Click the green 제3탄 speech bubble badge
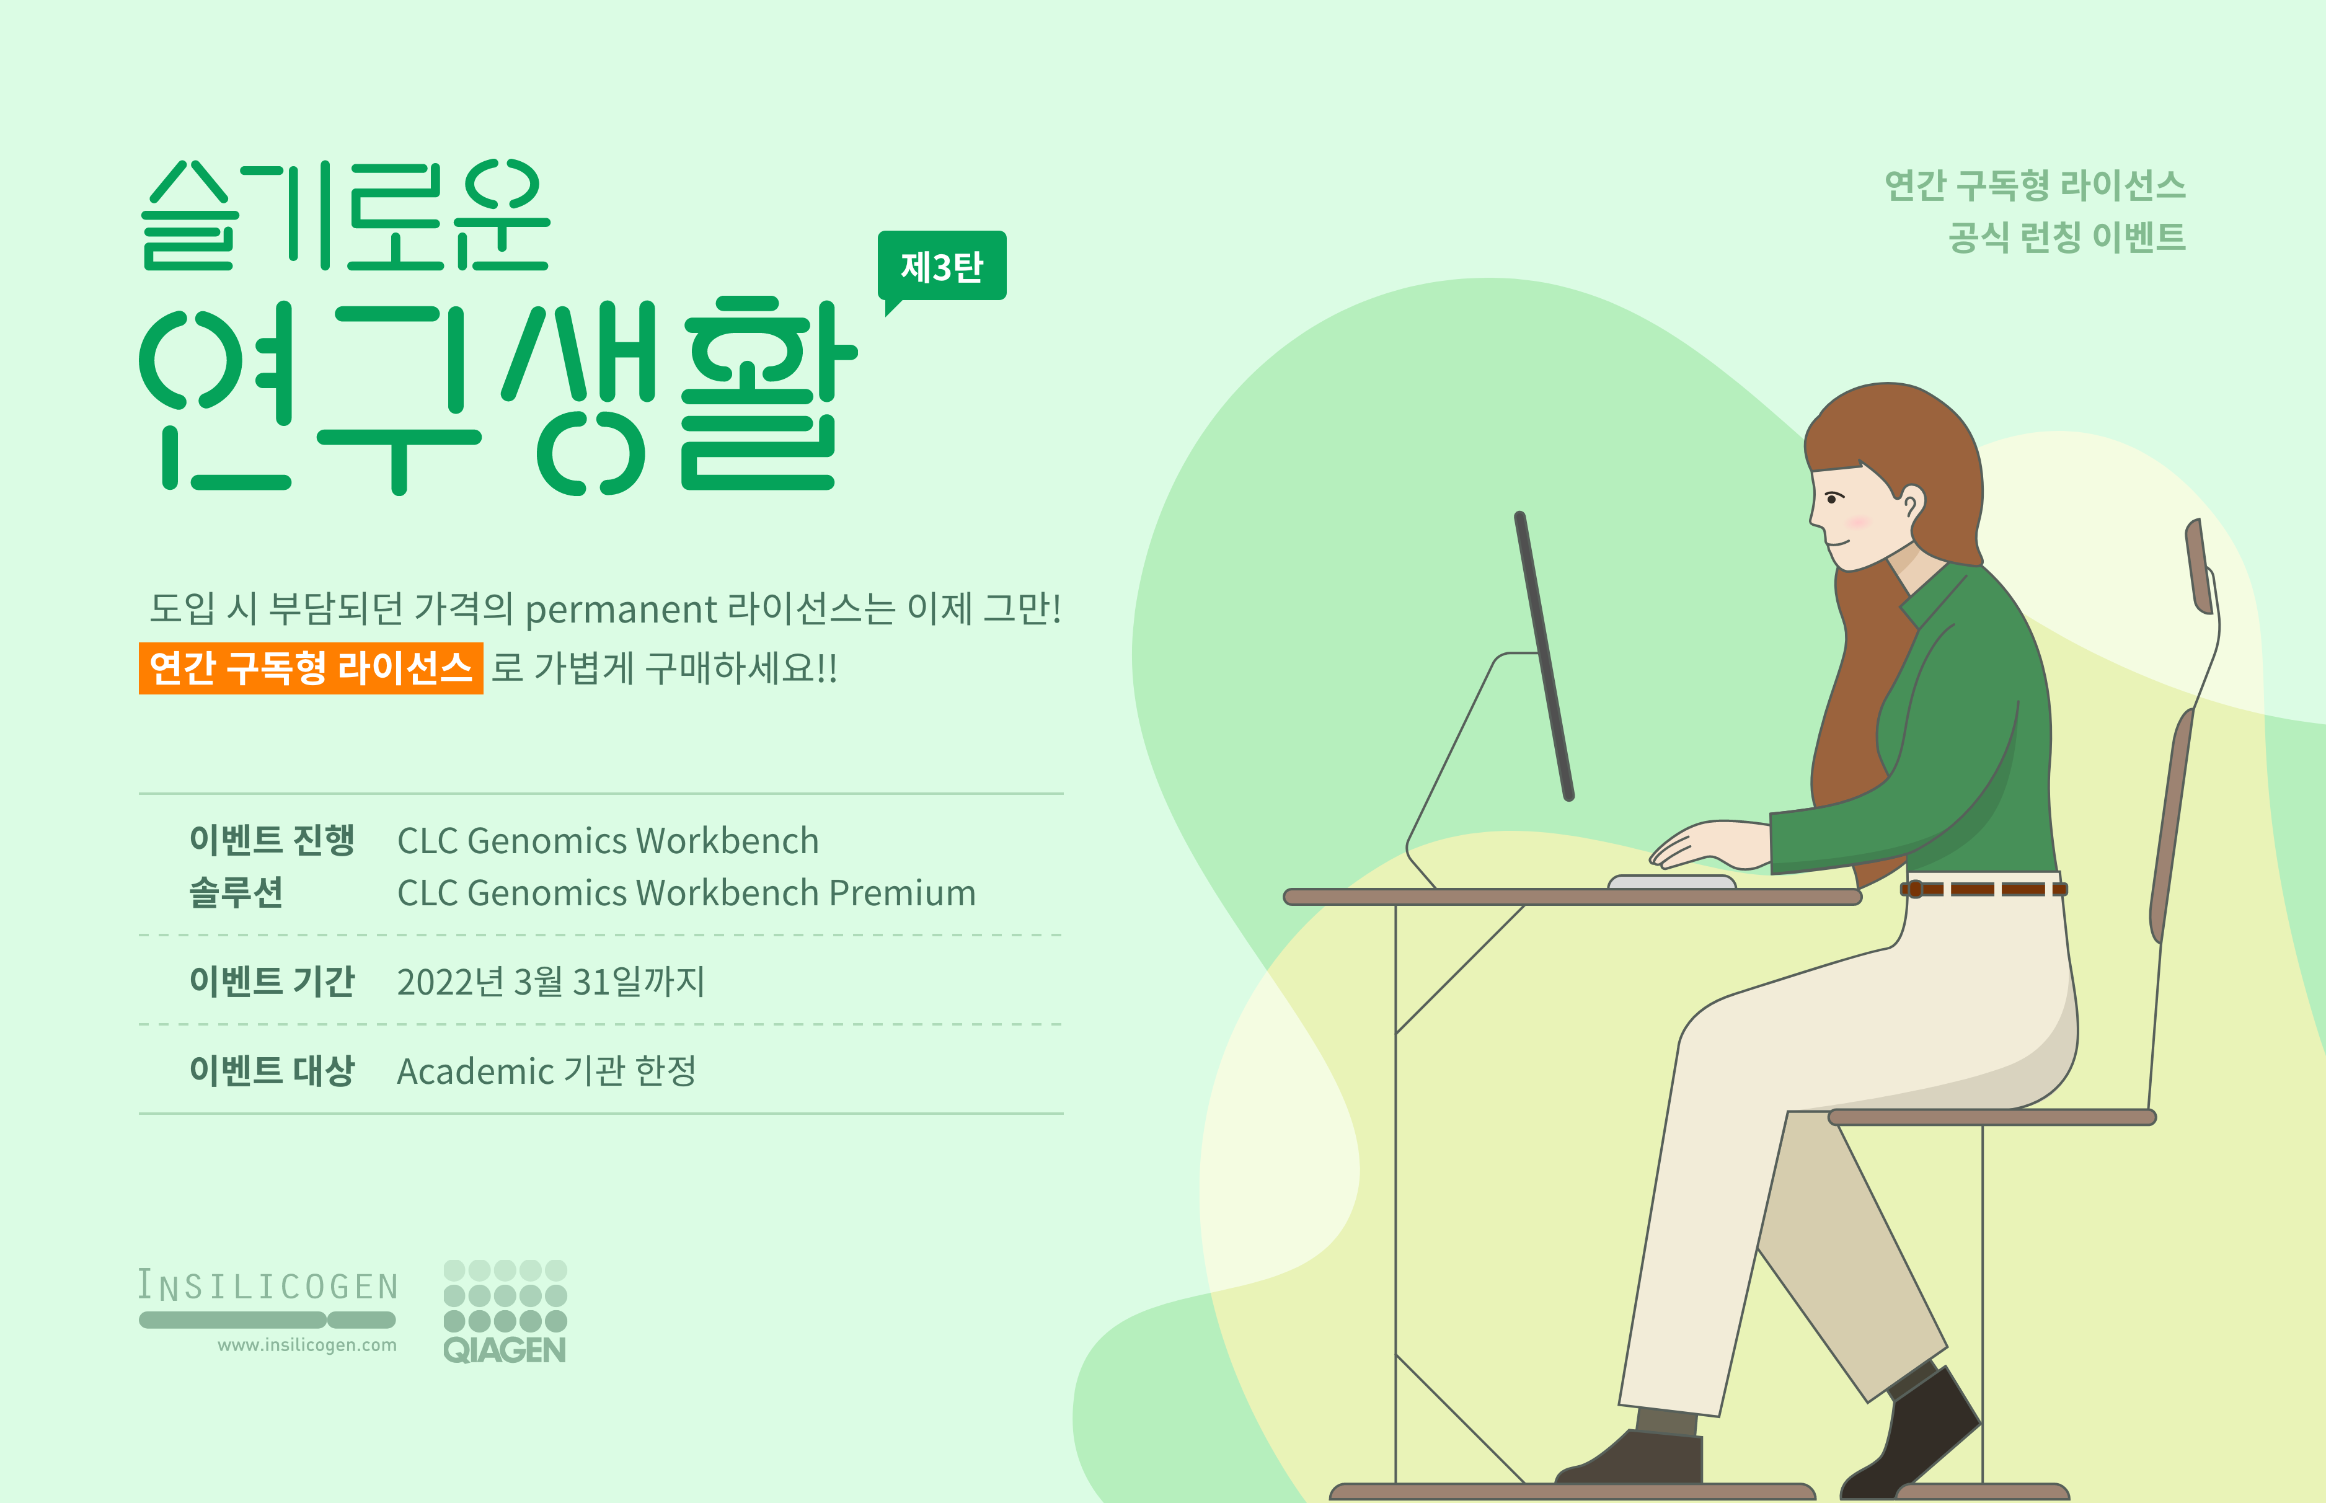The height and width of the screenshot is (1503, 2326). (x=942, y=267)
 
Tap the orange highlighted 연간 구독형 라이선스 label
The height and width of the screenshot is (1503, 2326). (x=310, y=668)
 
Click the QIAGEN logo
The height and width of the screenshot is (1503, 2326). (x=505, y=1311)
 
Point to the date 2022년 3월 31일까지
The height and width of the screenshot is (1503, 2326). (x=551, y=982)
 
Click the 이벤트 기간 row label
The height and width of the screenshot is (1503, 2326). (x=272, y=981)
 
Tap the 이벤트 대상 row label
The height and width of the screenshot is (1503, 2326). (x=272, y=1071)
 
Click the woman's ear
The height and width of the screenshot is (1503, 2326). (x=1911, y=503)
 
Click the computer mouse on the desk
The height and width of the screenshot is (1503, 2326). (x=1671, y=882)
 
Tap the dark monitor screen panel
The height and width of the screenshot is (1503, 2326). (x=1544, y=656)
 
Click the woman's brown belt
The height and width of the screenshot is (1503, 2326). (x=1983, y=889)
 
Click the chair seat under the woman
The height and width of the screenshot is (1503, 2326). (x=1991, y=1117)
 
